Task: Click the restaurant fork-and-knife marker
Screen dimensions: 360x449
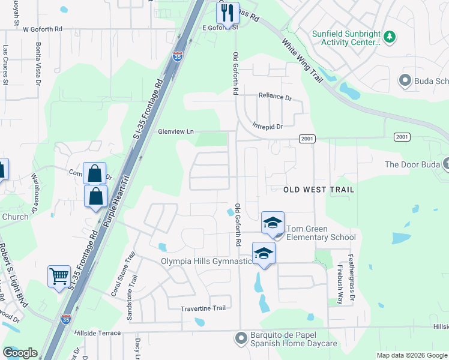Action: (x=228, y=12)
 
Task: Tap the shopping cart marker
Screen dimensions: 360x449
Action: (x=59, y=277)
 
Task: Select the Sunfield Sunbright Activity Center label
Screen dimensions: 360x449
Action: (x=346, y=38)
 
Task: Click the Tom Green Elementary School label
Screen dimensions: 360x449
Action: (x=321, y=233)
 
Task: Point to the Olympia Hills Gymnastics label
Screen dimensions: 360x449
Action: (x=205, y=261)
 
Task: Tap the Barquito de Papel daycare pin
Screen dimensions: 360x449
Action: (x=241, y=338)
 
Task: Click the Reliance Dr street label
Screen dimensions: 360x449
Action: (x=274, y=96)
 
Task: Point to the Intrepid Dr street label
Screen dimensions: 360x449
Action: (x=267, y=127)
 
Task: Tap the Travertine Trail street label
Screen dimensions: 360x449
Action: (x=203, y=308)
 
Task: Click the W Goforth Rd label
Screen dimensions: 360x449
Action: (x=43, y=29)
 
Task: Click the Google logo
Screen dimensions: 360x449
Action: (x=20, y=353)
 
